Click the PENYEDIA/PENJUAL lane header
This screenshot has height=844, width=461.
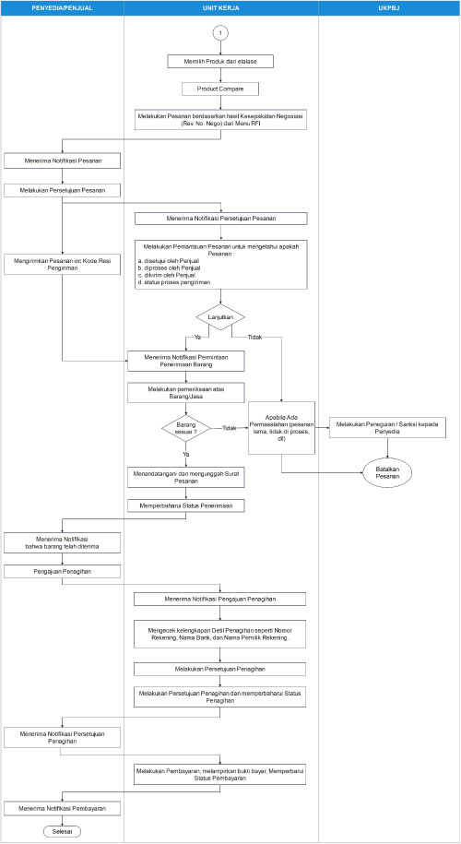pyautogui.click(x=62, y=7)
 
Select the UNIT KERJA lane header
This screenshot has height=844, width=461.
pyautogui.click(x=221, y=7)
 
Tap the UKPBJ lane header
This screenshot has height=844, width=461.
pyautogui.click(x=388, y=7)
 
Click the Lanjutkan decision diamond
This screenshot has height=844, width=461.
pyautogui.click(x=220, y=315)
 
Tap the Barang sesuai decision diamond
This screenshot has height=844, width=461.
pyautogui.click(x=187, y=428)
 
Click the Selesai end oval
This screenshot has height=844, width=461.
pyautogui.click(x=62, y=830)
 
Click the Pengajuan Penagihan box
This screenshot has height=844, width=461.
pyautogui.click(x=62, y=571)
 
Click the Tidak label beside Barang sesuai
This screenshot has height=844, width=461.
pyautogui.click(x=230, y=428)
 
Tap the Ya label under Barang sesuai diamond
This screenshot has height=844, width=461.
pyautogui.click(x=185, y=455)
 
